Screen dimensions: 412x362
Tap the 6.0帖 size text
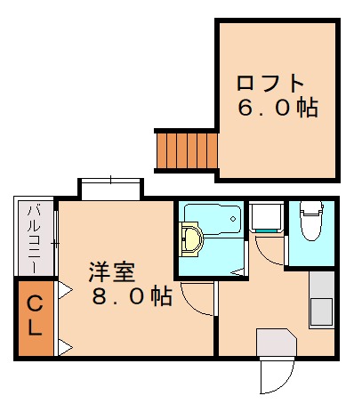(277, 109)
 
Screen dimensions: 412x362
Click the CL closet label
(34, 316)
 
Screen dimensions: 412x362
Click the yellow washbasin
(190, 239)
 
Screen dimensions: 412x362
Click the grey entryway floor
(275, 343)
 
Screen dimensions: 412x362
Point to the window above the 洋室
(110, 188)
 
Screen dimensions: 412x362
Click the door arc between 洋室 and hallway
(197, 301)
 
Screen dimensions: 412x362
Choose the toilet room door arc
(269, 250)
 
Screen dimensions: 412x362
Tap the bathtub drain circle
(233, 216)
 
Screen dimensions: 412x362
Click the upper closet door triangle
(65, 288)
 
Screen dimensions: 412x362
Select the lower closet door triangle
(65, 345)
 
